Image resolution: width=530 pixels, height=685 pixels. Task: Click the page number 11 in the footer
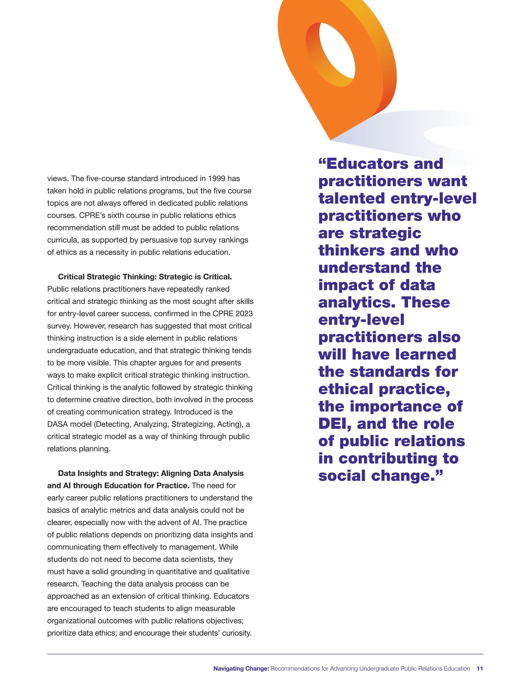point(480,668)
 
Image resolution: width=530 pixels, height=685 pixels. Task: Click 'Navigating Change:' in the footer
point(241,668)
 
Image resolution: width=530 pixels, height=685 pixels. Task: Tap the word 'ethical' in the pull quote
point(346,389)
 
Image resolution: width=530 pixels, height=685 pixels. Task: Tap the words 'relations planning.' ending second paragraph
point(79,448)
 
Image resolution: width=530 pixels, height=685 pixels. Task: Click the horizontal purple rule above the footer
point(265,654)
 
